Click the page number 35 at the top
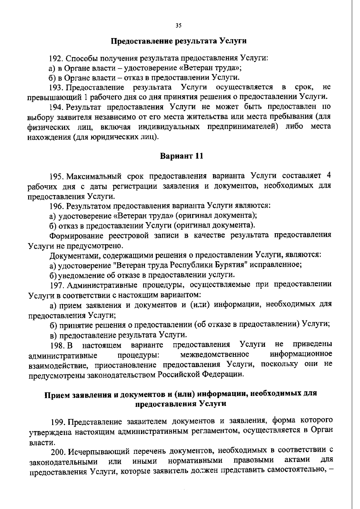[x=178, y=26]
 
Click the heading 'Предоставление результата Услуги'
[x=179, y=41]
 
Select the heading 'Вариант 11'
[x=181, y=156]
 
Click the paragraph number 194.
[x=57, y=107]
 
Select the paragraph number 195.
[x=57, y=176]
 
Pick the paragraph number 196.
[x=57, y=206]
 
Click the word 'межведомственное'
[x=215, y=355]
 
